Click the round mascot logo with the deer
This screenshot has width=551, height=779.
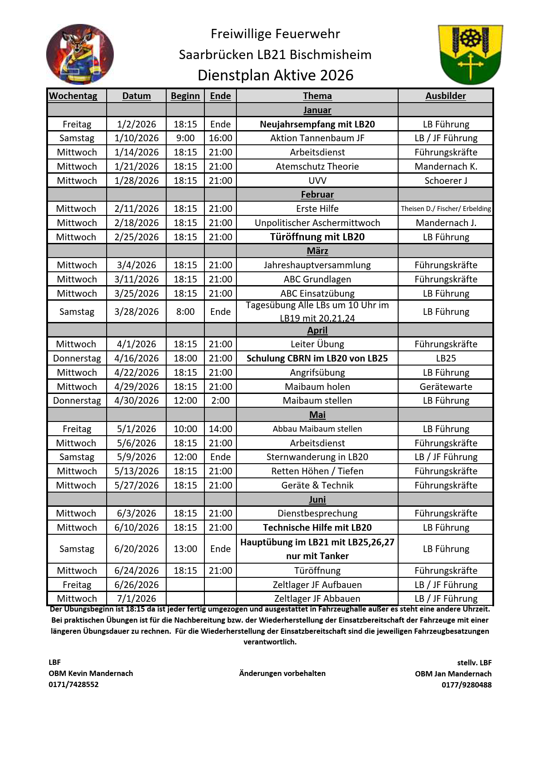80,54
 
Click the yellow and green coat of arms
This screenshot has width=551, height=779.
470,54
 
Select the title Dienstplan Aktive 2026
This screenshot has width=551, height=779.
275,76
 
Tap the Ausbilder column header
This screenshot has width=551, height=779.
446,96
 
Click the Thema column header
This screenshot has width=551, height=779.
317,96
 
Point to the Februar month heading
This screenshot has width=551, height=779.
317,195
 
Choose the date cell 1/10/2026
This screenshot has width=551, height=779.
136,138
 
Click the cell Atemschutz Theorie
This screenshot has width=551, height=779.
317,167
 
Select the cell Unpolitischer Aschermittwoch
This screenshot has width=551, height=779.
317,223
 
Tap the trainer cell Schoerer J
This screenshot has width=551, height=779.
446,181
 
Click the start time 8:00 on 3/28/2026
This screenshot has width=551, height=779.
185,312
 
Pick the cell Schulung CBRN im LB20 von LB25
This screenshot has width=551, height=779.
317,358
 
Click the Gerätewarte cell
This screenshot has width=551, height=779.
446,387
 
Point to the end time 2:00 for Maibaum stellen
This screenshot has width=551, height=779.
220,401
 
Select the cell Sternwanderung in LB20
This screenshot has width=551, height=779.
317,457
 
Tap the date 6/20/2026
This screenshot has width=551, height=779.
136,549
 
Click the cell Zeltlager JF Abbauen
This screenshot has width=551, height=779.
317,599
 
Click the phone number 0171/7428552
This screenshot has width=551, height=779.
74,684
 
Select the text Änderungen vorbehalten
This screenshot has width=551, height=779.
282,673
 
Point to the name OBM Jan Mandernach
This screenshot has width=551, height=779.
453,674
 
